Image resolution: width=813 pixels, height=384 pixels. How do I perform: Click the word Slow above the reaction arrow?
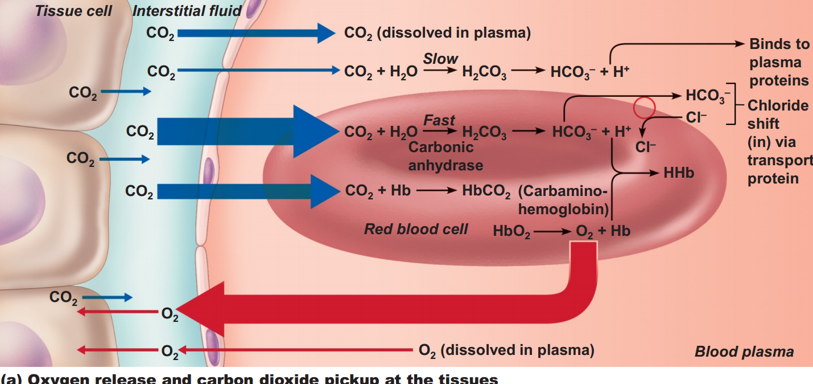click(x=440, y=59)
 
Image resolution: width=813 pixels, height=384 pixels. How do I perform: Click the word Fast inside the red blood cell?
click(x=439, y=120)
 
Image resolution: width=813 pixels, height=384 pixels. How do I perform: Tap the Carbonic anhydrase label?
click(x=445, y=156)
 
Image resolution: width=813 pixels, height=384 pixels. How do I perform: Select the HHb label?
click(x=679, y=173)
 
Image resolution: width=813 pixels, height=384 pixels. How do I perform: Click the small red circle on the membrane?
click(x=645, y=107)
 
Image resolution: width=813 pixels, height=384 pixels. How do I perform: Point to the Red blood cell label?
click(x=416, y=229)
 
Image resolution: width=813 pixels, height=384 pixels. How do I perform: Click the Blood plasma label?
click(x=744, y=352)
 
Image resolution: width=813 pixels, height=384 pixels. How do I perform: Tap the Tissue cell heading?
click(x=73, y=11)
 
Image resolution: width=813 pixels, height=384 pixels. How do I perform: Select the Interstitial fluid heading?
click(x=187, y=11)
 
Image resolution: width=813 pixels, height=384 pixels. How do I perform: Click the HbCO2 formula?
click(x=486, y=191)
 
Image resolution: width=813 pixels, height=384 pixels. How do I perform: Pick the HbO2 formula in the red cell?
click(x=511, y=232)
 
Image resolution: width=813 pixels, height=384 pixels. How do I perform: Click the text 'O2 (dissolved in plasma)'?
click(x=506, y=350)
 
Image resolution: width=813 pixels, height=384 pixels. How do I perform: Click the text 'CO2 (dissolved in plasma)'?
click(x=437, y=33)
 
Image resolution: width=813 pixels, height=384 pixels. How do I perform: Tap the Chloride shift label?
click(x=777, y=115)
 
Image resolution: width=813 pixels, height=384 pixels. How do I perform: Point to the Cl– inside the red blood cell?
click(x=646, y=147)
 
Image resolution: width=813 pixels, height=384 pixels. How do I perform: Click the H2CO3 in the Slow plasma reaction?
click(x=484, y=72)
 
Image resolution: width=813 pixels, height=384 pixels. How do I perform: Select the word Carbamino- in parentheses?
click(x=564, y=191)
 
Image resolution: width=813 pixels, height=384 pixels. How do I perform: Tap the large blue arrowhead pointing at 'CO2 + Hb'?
click(x=323, y=191)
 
